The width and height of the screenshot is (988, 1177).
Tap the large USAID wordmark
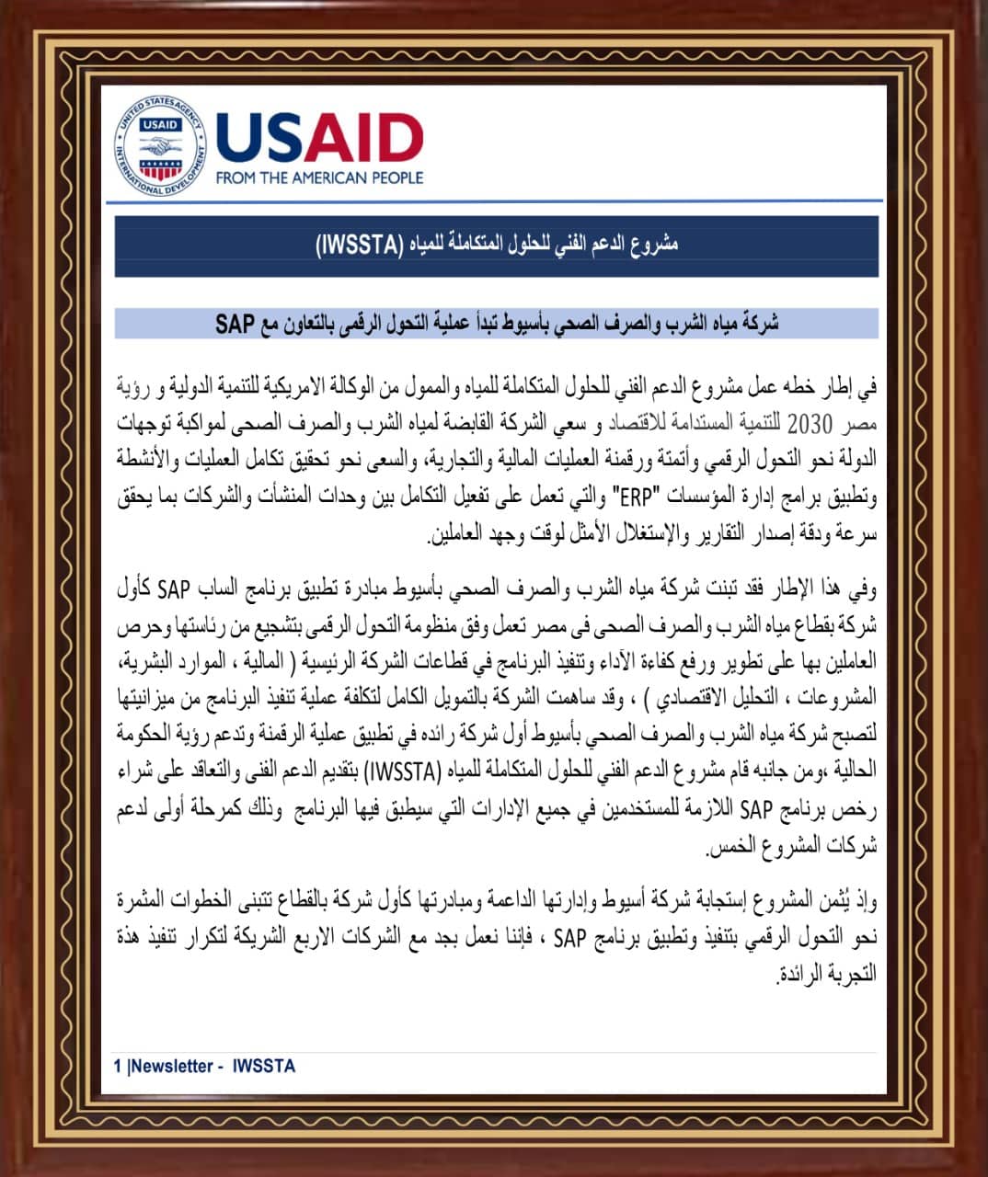319,137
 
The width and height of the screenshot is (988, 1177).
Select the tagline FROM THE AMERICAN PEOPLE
319,177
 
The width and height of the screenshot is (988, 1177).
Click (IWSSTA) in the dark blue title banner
360,246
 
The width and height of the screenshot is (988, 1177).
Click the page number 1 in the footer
118,1066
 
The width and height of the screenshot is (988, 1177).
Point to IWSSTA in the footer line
264,1066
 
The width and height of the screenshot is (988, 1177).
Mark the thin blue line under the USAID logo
497,200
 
